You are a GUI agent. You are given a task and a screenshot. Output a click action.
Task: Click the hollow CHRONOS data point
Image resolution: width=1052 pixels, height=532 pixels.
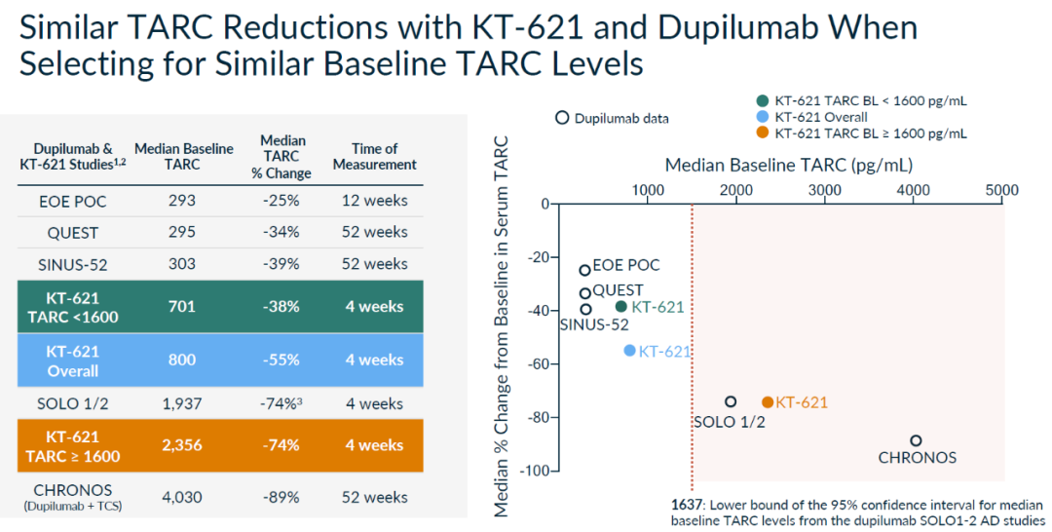tap(916, 440)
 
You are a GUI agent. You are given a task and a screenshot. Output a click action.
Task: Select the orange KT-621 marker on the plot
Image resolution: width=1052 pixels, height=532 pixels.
tap(768, 402)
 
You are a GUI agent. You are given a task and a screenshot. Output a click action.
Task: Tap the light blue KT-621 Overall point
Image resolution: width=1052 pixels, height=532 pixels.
tap(629, 350)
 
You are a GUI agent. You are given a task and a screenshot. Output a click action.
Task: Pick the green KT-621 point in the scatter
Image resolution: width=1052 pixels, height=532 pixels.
tap(621, 306)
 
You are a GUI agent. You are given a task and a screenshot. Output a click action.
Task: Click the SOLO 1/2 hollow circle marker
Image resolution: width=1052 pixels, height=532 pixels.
tap(731, 401)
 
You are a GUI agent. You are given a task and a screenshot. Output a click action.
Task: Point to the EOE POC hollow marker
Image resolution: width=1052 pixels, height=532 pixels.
tap(584, 270)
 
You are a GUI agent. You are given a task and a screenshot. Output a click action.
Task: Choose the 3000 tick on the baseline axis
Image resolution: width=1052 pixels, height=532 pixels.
tap(825, 189)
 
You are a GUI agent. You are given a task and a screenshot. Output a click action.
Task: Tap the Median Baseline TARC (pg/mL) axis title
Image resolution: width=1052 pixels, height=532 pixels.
tap(788, 165)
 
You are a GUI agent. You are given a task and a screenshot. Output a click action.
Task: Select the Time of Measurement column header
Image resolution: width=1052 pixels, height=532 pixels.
tap(374, 156)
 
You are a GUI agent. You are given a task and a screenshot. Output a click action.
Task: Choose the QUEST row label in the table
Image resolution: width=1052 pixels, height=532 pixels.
tap(73, 232)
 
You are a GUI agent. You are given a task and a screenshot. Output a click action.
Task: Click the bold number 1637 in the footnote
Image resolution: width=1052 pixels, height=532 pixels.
tap(686, 505)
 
